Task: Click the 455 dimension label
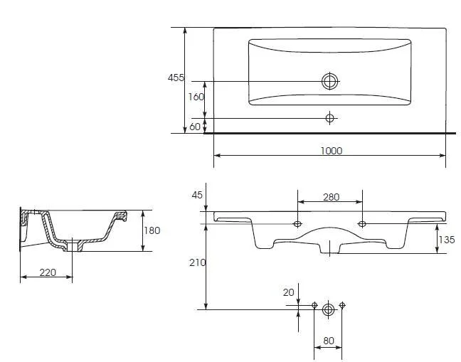point(176,78)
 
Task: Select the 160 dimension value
point(196,97)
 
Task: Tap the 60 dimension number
point(195,127)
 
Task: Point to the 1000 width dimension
point(331,151)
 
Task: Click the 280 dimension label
point(331,197)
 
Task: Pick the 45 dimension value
point(197,195)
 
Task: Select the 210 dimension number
point(197,262)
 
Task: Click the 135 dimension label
point(447,240)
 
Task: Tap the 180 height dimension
point(152,230)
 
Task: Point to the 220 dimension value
point(48,272)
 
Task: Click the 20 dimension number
point(288,292)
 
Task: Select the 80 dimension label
point(329,341)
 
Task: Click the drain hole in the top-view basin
point(330,81)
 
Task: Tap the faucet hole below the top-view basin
point(330,118)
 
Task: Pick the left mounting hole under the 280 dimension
point(297,224)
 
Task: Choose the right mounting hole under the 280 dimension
point(362,224)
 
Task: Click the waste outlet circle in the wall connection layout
point(329,309)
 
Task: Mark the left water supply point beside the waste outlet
point(314,305)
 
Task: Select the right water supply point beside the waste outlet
point(342,305)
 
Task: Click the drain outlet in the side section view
point(73,245)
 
